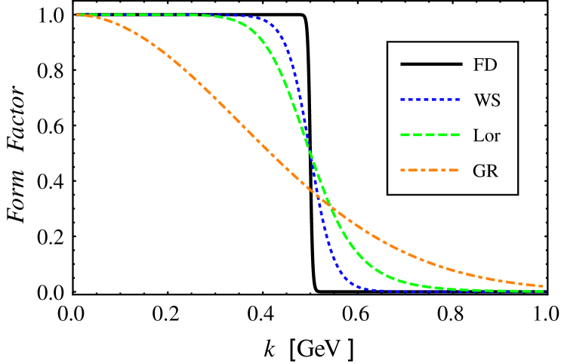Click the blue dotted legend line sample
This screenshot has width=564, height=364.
click(430, 99)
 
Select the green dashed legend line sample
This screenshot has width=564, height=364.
click(430, 134)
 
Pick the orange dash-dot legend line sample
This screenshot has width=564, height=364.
click(430, 170)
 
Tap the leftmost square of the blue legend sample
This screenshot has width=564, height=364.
click(402, 99)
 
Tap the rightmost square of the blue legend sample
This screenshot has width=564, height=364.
click(458, 99)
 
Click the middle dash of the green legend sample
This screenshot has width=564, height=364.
click(430, 134)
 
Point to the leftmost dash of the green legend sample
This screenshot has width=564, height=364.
click(405, 134)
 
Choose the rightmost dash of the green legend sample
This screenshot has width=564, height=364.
click(455, 134)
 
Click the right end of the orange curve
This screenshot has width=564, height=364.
click(542, 285)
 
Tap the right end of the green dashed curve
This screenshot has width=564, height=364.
click(542, 291)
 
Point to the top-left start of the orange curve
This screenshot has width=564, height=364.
click(79, 14)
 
